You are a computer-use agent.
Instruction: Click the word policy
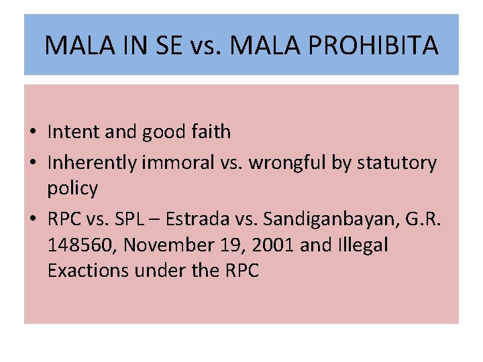pos(72,189)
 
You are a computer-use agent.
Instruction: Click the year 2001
pos(269,245)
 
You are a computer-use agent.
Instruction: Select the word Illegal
pos(362,245)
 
